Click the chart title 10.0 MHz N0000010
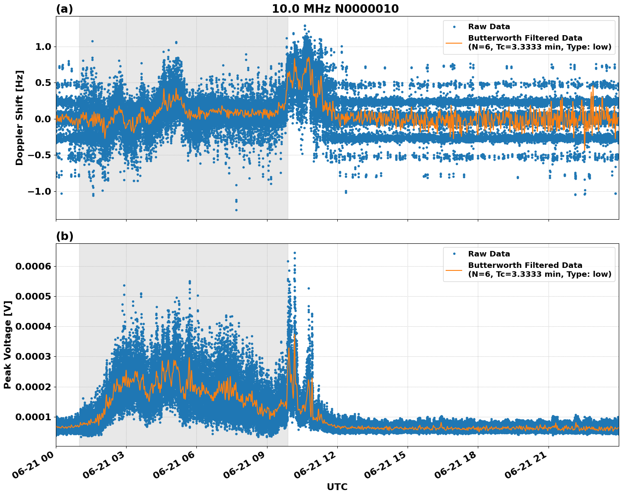[335, 9]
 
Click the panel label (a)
[64, 9]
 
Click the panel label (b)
[64, 237]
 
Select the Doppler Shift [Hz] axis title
[19, 118]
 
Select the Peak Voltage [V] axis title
[8, 344]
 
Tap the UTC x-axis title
[337, 487]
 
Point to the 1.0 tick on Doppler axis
[41, 47]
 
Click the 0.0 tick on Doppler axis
[41, 119]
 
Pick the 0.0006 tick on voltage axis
[33, 266]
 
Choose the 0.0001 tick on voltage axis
[33, 417]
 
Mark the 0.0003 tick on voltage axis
[33, 357]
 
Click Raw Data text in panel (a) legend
[489, 27]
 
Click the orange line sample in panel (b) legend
[454, 270]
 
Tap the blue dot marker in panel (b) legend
[454, 254]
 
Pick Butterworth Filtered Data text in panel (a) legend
[525, 39]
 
